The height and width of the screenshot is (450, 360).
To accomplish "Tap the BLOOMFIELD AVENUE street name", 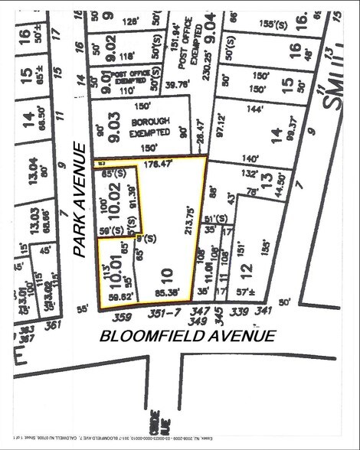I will pos(188,335).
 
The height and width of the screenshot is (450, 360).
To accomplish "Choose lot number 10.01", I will pos(116,269).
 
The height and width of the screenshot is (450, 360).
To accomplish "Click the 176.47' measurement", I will pos(157,162).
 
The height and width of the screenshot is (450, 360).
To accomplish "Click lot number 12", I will pos(245,270).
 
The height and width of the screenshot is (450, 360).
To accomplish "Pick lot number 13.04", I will pos(32,167).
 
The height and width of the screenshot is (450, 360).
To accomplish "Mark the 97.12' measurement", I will pos(223,126).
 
